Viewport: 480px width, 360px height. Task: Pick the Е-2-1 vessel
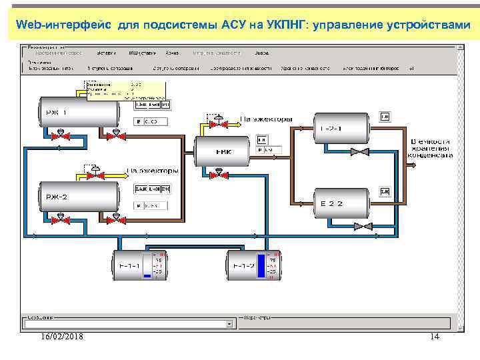pyautogui.click(x=341, y=127)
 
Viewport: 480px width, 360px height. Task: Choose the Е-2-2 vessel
pyautogui.click(x=341, y=203)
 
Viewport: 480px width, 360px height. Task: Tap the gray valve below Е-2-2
pyautogui.click(x=364, y=227)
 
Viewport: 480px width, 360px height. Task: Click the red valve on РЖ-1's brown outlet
pyautogui.click(x=117, y=135)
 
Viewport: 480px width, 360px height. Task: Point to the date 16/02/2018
pyautogui.click(x=61, y=337)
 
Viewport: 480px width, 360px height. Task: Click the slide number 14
pyautogui.click(x=435, y=337)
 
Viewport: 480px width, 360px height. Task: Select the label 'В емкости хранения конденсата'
pyautogui.click(x=431, y=148)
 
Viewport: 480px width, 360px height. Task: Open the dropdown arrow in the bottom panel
pyautogui.click(x=229, y=325)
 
